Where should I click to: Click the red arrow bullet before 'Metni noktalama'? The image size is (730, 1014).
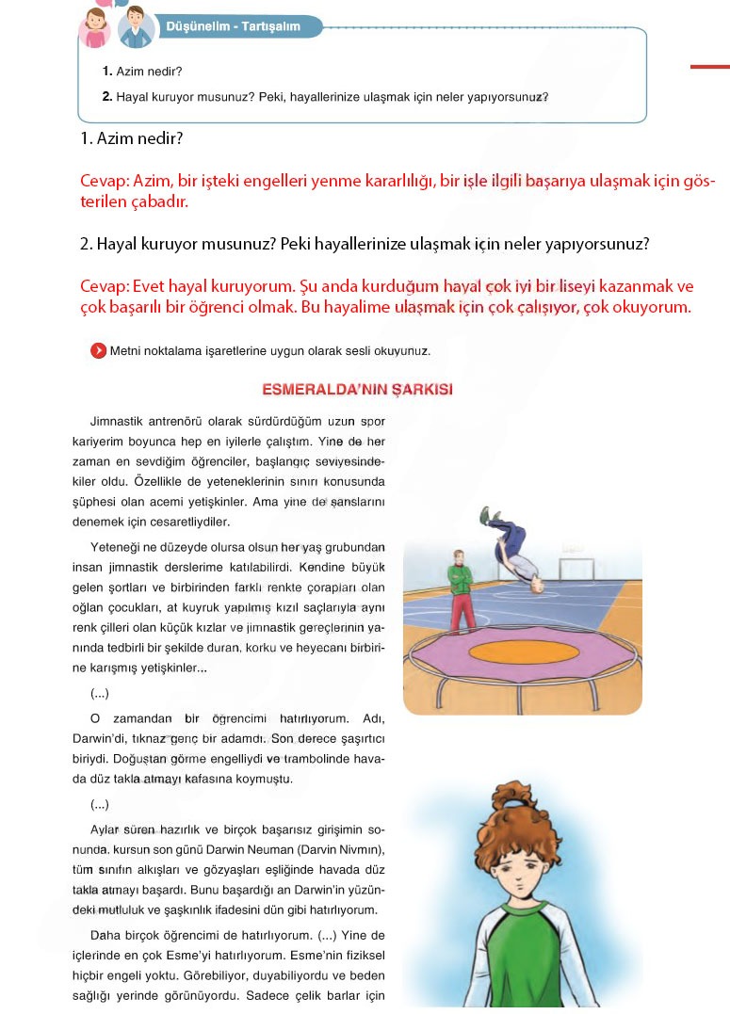97,351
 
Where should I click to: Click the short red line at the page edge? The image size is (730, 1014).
710,67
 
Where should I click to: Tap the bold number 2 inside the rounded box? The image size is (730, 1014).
106,96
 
